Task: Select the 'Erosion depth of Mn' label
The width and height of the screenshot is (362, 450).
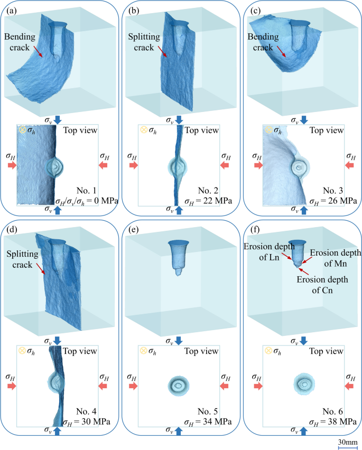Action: (332, 257)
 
